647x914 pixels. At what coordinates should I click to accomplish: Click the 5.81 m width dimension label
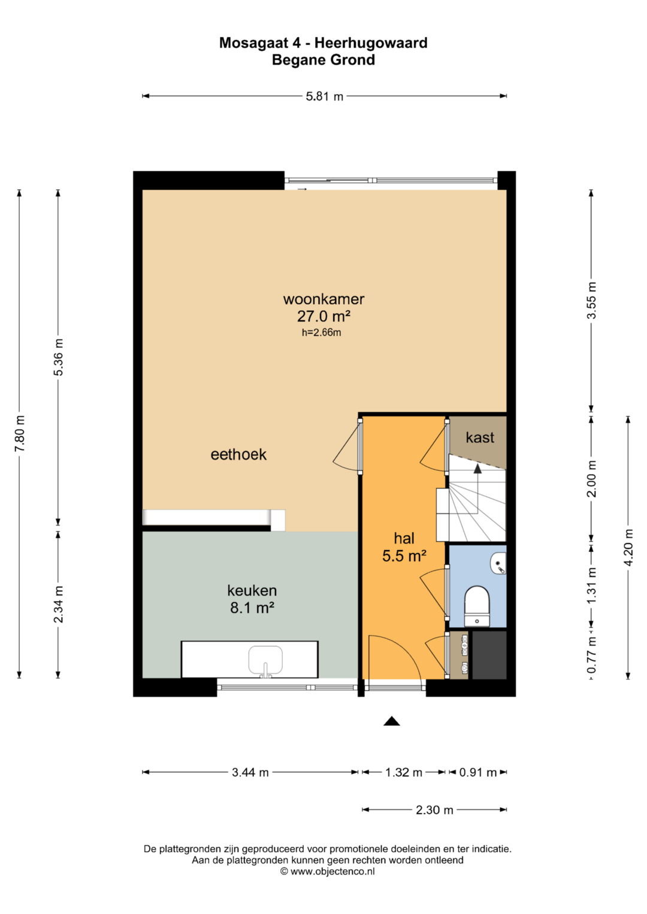324,97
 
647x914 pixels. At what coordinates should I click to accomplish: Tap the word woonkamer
323,299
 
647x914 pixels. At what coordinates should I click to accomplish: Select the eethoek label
238,454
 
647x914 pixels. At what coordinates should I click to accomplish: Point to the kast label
479,438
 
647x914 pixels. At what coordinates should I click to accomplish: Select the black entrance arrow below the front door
391,721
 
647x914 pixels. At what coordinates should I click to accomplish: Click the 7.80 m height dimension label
20,433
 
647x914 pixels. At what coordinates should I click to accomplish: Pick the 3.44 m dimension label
250,772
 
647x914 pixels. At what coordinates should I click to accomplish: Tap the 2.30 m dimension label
434,809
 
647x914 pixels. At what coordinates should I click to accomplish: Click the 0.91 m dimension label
478,772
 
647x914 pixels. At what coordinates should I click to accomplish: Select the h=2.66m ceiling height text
322,333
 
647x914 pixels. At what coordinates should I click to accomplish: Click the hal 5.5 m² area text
404,546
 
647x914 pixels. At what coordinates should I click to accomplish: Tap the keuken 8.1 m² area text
252,599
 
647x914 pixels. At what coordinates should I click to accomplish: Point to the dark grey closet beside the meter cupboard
489,655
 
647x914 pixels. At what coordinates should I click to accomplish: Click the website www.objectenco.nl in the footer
332,871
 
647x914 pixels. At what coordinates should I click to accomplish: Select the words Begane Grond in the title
323,60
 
